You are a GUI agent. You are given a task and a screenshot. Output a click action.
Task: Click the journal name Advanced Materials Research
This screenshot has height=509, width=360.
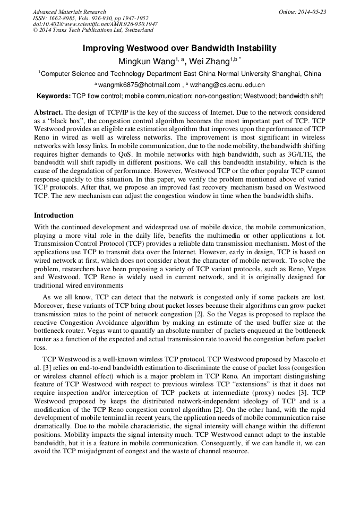pos(69,12)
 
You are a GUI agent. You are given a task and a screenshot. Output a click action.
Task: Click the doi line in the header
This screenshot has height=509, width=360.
pos(95,24)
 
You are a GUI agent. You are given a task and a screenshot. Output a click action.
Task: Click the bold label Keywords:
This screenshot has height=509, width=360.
pos(53,96)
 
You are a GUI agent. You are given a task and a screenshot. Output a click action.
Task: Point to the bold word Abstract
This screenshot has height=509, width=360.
pos(48,113)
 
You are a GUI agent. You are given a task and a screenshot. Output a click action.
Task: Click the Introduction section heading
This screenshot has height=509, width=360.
pos(54,215)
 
